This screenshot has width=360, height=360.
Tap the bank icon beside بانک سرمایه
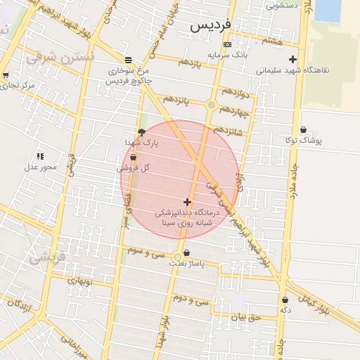coord(226,44)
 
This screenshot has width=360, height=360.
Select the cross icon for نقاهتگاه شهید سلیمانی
coord(293,60)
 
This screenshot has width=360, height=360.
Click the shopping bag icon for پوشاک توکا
coord(304,129)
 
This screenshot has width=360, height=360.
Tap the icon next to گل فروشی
coord(133,158)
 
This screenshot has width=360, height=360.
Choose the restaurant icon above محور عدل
coord(39,156)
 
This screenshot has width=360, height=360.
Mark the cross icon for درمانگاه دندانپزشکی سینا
coord(187,202)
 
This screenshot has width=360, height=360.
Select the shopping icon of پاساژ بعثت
coord(186,253)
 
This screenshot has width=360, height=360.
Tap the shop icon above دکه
coord(285,299)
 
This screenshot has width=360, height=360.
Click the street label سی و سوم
coord(146,250)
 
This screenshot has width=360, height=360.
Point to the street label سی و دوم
coord(193,300)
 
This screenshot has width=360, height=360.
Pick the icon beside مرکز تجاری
coord(6,75)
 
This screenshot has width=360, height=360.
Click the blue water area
coord(328,10)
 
